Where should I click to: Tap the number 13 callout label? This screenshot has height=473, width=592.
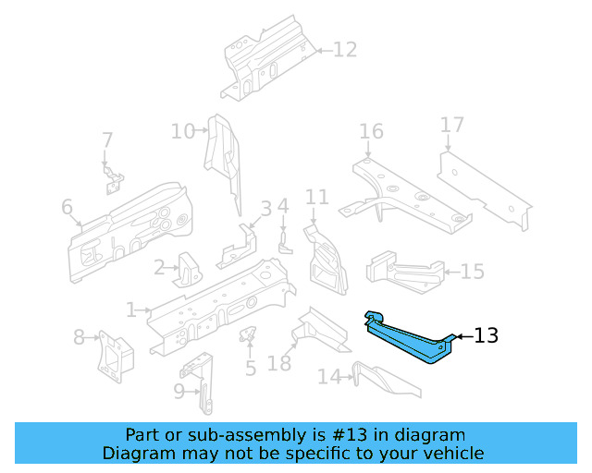486,336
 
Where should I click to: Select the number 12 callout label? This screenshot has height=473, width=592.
344,50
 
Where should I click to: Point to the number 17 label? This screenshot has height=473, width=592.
451,126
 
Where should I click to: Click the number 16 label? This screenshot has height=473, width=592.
371,131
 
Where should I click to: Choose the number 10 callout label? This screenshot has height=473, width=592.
182,131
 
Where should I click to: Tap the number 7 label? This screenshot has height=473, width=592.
107,140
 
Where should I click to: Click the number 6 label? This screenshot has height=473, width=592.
67,208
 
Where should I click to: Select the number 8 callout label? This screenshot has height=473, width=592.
79,337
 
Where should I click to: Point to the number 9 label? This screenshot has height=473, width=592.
179,392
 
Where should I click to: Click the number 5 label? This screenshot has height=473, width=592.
250,370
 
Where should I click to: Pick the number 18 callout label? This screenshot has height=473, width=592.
279,363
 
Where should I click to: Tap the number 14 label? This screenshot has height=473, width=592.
329,376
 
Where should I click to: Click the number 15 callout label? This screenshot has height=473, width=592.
472,272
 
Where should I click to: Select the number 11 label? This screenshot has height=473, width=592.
317,197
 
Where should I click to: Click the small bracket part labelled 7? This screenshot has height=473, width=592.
112,177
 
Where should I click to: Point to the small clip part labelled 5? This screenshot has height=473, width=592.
248,334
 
